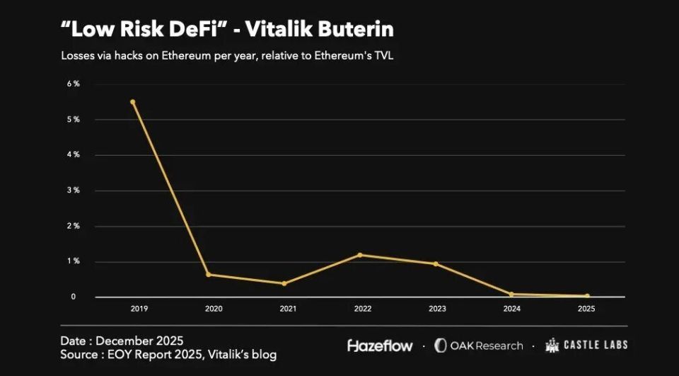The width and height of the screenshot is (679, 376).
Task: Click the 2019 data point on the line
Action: (x=132, y=102)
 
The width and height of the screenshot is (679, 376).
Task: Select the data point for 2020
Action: (x=208, y=275)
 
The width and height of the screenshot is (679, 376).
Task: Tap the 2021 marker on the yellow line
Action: (x=284, y=283)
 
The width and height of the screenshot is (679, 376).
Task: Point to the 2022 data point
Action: (x=360, y=255)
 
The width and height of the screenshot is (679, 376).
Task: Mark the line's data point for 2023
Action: (x=436, y=264)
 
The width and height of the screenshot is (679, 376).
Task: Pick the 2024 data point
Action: (x=511, y=294)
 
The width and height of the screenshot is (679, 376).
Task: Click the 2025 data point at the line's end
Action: (x=587, y=296)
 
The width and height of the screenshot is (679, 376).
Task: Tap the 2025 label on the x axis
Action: (x=587, y=309)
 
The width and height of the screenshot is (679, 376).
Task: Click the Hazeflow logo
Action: (x=380, y=346)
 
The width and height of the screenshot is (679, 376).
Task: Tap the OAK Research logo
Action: (x=478, y=346)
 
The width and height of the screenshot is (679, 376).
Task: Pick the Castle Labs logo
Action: (x=586, y=345)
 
